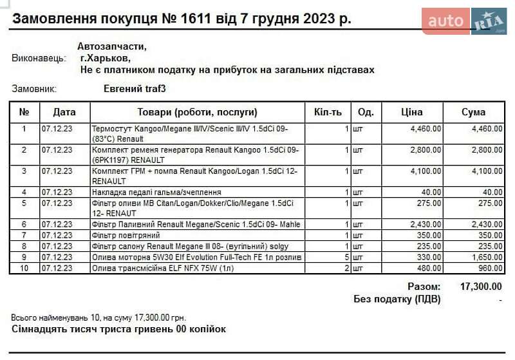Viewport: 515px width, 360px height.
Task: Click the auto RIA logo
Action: tap(464, 21)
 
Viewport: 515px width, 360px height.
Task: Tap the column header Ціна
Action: tap(411, 112)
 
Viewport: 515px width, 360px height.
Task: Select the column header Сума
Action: tap(473, 112)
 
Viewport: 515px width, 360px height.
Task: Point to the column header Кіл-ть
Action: tap(328, 112)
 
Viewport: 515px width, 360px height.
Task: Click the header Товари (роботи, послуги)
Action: tap(198, 112)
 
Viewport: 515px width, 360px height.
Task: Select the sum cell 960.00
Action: tap(490, 267)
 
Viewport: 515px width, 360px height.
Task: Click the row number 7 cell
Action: tap(24, 235)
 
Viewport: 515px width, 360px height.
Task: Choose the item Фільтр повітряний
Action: tap(126, 235)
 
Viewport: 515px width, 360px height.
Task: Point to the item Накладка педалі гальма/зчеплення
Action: tap(156, 192)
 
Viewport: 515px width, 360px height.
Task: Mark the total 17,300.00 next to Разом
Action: tap(482, 287)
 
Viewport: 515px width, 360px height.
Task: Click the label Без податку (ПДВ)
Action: tap(397, 299)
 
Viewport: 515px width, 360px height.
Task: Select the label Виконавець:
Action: tap(39, 58)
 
